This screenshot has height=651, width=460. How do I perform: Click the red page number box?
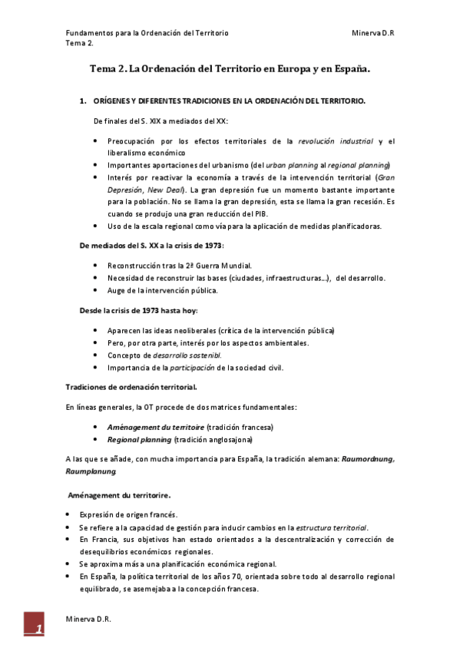34,626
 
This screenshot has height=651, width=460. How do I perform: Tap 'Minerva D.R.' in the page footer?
88,620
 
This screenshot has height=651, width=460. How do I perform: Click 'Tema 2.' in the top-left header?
80,43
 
